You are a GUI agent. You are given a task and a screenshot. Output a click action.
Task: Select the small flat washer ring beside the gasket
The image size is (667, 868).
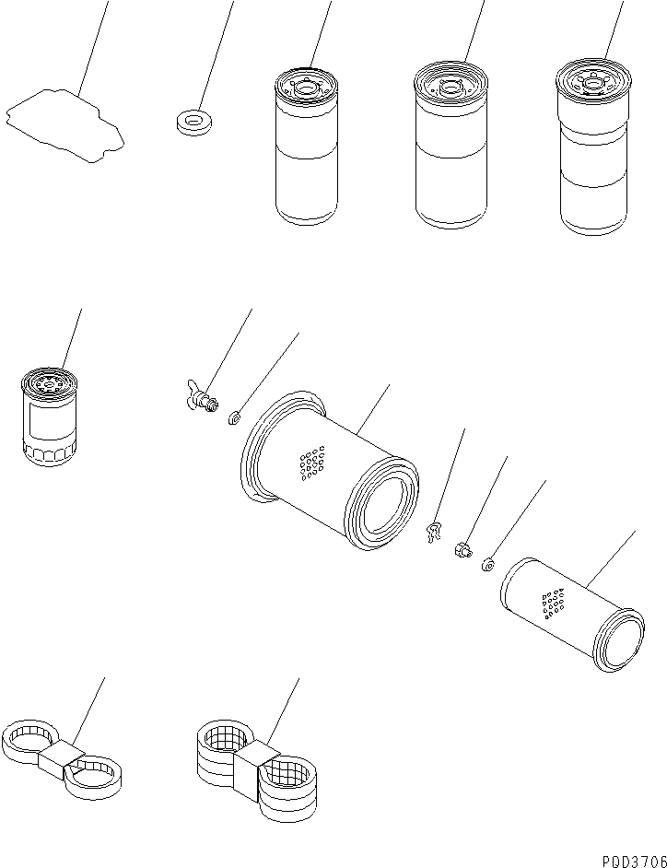coord(193,123)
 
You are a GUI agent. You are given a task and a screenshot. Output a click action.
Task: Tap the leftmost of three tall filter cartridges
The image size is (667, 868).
coord(306,147)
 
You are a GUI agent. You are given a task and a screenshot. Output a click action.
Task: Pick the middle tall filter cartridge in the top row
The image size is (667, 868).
coord(451,145)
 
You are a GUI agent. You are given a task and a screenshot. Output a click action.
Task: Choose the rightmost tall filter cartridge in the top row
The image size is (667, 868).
coord(593,147)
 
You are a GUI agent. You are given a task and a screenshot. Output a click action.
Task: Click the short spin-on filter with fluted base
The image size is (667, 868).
coord(49,416)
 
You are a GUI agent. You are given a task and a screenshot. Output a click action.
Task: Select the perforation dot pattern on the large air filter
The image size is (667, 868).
coord(312,463)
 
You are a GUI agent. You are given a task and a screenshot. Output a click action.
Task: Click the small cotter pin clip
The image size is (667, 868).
coord(435,532)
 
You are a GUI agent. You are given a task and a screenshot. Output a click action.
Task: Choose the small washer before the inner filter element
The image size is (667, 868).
coord(487,565)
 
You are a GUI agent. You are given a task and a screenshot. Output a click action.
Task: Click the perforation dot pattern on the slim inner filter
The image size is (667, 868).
coord(553,604)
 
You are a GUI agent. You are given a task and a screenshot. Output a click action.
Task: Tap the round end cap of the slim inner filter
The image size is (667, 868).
coord(619,640)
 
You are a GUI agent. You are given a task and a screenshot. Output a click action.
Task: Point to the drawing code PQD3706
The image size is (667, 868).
coord(634,861)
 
